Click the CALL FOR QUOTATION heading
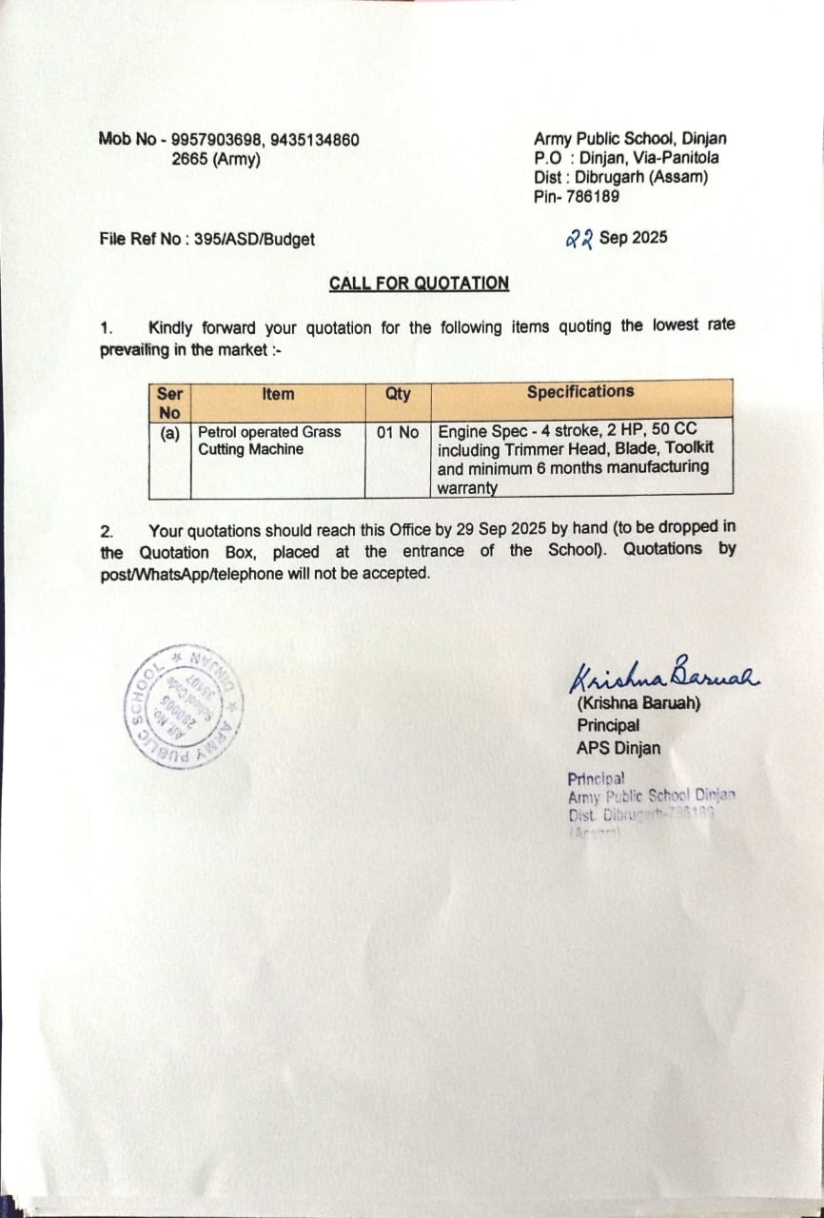(419, 283)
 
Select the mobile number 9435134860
(315, 140)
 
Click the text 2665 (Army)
(216, 159)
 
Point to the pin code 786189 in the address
(591, 196)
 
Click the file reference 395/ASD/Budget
(254, 240)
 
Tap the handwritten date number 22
(579, 239)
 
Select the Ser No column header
(170, 402)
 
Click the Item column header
(278, 394)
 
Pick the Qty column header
(398, 393)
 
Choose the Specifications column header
(580, 391)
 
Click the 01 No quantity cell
(398, 432)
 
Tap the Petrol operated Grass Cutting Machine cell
(269, 441)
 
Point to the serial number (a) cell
(170, 432)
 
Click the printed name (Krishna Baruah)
(638, 704)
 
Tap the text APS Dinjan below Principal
(618, 748)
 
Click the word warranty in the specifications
(467, 488)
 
